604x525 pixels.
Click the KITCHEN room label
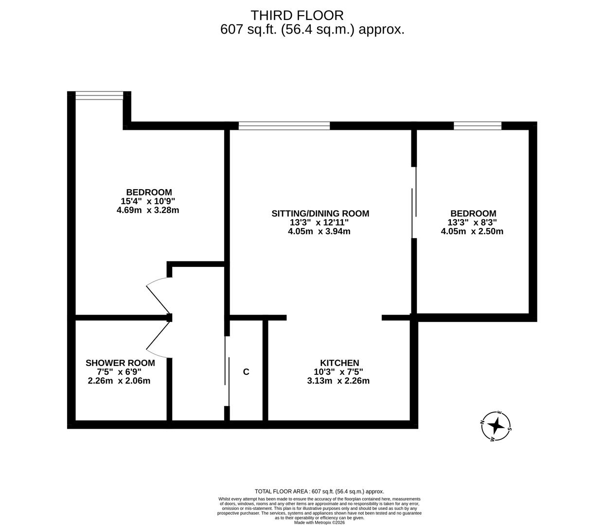(339, 363)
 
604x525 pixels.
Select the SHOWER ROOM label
(120, 363)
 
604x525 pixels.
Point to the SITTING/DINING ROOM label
(320, 213)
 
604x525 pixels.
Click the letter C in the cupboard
(246, 372)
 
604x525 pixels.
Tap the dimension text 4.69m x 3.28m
(148, 210)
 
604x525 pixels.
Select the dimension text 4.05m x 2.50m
(472, 231)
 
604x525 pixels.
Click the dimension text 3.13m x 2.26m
(338, 381)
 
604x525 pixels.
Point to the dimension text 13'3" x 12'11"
(320, 223)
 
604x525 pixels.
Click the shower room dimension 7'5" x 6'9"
(112, 372)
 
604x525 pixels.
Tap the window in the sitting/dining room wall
(284, 126)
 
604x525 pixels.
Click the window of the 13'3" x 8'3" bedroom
(477, 126)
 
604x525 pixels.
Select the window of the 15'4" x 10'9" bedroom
(99, 96)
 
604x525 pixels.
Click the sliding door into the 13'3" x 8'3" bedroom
(414, 203)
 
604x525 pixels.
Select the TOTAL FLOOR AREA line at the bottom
(319, 491)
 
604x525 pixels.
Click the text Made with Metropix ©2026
(319, 522)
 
